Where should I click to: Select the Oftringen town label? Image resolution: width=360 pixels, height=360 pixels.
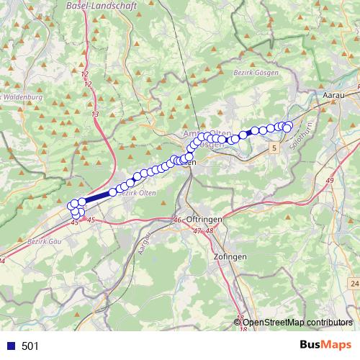pyautogui.click(x=203, y=219)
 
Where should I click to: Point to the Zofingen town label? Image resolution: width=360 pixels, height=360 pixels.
pyautogui.click(x=230, y=257)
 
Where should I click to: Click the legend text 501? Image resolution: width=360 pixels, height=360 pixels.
pyautogui.click(x=30, y=346)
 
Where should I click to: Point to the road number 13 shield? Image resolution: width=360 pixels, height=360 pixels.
pyautogui.click(x=95, y=114)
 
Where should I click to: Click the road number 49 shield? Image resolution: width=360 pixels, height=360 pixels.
pyautogui.click(x=330, y=179)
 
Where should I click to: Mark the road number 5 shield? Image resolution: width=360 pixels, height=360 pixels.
pyautogui.click(x=274, y=148)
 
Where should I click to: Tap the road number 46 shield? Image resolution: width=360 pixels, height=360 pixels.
pyautogui.click(x=178, y=220)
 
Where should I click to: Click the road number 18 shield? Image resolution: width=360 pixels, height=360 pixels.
pyautogui.click(x=243, y=329)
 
